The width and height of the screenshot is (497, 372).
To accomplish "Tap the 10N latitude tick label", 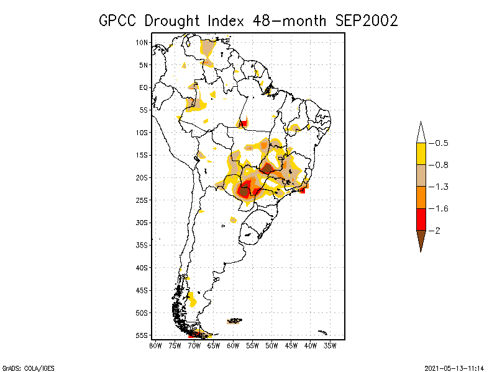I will [x=142, y=42].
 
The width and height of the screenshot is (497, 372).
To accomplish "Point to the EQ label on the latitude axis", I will [x=144, y=87].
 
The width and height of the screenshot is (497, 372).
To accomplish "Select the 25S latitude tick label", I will [x=142, y=200].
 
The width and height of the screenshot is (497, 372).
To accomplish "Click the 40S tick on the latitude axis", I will [x=142, y=267].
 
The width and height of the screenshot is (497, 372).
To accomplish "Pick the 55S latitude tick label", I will [x=142, y=335].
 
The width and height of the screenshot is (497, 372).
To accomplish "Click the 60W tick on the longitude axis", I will [x=233, y=345].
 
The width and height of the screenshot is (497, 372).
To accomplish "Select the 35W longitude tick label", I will [x=331, y=345].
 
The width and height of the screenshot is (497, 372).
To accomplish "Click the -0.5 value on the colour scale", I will [x=441, y=143].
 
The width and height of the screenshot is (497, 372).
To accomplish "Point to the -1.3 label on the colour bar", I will [x=441, y=187].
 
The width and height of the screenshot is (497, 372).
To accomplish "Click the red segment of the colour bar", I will [x=421, y=219].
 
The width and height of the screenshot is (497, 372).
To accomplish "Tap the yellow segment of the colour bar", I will [x=421, y=154].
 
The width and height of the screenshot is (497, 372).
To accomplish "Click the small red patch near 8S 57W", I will [x=244, y=123].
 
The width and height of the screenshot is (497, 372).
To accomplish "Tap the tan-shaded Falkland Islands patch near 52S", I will [x=235, y=321].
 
